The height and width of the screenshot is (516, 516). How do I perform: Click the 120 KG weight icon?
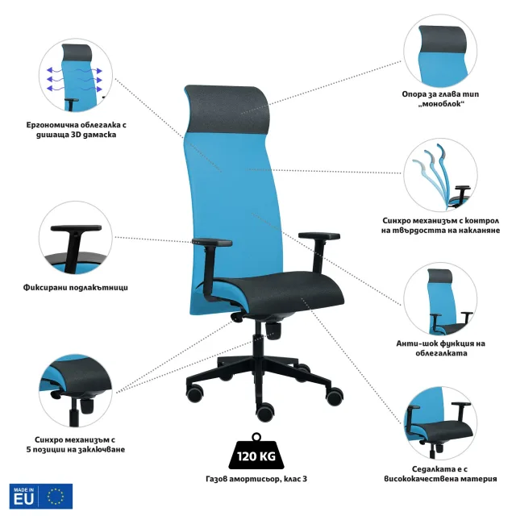(256, 451)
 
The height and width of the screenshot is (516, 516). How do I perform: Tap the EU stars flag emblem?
(56, 497)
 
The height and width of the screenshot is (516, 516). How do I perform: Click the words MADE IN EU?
(23, 497)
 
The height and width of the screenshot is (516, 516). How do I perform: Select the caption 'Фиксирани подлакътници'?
(75, 287)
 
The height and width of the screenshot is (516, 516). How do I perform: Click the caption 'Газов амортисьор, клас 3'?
(256, 478)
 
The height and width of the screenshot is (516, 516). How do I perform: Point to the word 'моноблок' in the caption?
(441, 104)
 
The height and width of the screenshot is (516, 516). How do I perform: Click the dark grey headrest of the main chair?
(227, 109)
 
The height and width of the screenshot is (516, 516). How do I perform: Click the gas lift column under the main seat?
(257, 339)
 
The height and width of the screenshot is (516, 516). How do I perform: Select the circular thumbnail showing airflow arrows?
(76, 75)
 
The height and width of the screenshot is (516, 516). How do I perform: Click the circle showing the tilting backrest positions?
(440, 174)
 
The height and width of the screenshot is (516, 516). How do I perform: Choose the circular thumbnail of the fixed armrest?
(76, 238)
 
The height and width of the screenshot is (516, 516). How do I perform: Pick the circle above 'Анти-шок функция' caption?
(440, 299)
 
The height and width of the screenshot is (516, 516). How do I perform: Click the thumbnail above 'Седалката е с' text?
(440, 422)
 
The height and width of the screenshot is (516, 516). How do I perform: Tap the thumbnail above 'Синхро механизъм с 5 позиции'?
(76, 390)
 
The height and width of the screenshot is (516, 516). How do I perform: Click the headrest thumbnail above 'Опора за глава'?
(440, 51)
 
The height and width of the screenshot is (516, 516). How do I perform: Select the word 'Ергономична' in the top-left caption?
(52, 125)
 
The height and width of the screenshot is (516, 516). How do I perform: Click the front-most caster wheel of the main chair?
(265, 412)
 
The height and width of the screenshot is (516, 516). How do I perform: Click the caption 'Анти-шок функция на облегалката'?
(441, 348)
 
